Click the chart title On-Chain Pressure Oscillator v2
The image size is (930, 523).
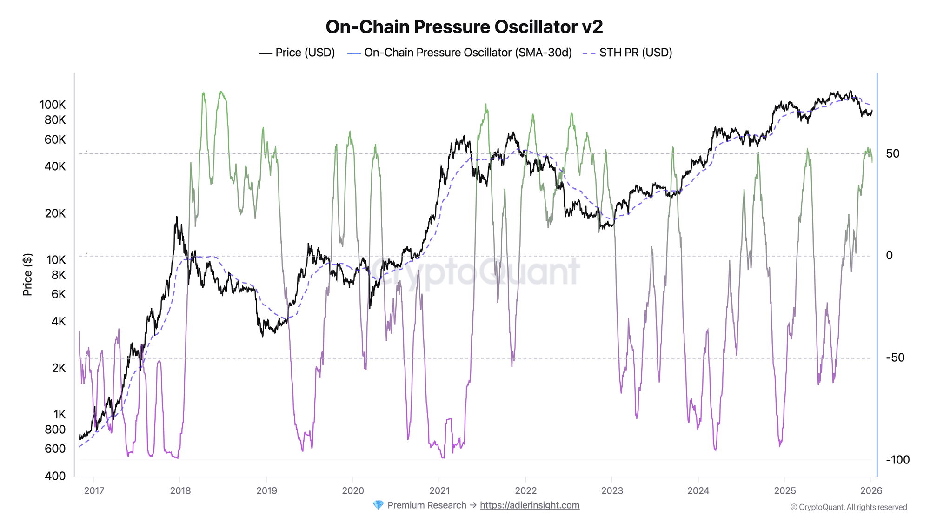tap(464, 27)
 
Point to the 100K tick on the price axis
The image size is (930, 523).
tap(53, 105)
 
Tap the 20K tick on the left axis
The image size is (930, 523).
tap(55, 213)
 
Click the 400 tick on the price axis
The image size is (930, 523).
tap(56, 476)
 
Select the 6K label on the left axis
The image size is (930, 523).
tap(58, 294)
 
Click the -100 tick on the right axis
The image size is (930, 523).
tap(897, 460)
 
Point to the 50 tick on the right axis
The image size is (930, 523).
tap(892, 153)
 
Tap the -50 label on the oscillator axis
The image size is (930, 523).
tap(895, 357)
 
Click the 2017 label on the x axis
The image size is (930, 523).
tap(94, 490)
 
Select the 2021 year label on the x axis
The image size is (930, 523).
tap(439, 490)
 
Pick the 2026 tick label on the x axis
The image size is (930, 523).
tap(871, 490)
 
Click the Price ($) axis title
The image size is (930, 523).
tap(27, 275)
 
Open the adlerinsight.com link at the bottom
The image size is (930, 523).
tap(530, 505)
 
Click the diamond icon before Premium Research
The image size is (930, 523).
tap(378, 505)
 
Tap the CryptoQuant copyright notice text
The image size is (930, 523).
tap(849, 507)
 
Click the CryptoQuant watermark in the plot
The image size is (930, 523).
tap(474, 272)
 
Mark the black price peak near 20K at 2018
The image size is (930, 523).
tap(177, 217)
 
